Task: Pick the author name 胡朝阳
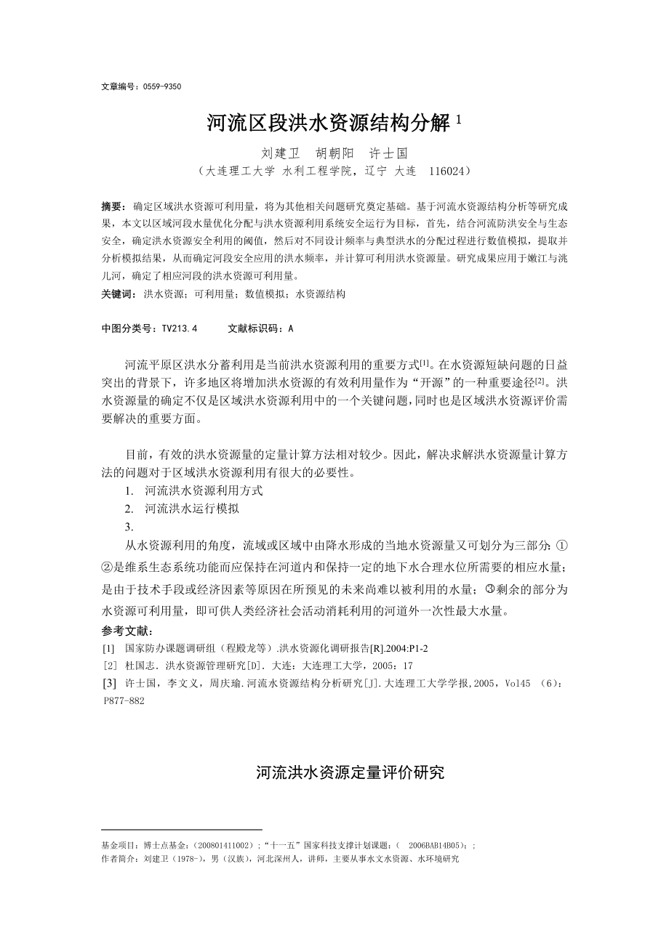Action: pyautogui.click(x=334, y=154)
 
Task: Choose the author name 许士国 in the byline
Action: pyautogui.click(x=390, y=154)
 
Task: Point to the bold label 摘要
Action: pyautogui.click(x=113, y=207)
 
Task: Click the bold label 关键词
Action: pyautogui.click(x=117, y=294)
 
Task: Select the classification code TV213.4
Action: pyautogui.click(x=176, y=328)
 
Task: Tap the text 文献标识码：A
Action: pyautogui.click(x=260, y=328)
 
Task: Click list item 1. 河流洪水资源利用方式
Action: pyautogui.click(x=194, y=490)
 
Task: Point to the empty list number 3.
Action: pyautogui.click(x=128, y=527)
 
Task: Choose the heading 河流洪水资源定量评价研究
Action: pyautogui.click(x=350, y=772)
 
